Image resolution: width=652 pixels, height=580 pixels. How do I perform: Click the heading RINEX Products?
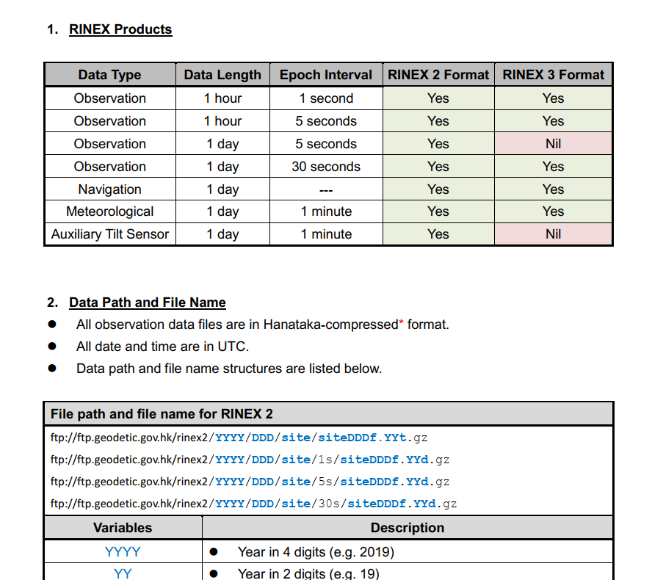click(120, 29)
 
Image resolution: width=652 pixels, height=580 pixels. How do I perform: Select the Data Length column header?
click(222, 75)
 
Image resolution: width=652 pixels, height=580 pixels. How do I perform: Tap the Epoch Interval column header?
click(325, 75)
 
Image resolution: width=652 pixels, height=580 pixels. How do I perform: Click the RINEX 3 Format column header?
click(553, 75)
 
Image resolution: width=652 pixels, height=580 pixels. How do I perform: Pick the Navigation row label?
click(109, 189)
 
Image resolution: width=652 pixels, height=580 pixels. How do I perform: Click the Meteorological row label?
click(109, 211)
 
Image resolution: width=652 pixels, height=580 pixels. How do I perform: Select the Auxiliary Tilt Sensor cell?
click(109, 234)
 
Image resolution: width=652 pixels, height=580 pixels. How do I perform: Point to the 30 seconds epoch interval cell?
click(325, 167)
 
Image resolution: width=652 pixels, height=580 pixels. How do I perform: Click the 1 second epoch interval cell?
click(325, 98)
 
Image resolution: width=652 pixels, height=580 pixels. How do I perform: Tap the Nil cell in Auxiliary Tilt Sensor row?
click(553, 234)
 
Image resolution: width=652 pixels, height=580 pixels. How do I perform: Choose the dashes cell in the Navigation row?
click(325, 189)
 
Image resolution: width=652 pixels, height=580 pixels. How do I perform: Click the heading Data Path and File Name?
click(148, 302)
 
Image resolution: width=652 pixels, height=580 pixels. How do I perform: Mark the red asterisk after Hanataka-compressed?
click(401, 322)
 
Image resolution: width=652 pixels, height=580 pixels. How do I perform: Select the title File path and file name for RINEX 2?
click(162, 414)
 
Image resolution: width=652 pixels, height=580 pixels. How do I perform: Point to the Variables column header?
click(123, 528)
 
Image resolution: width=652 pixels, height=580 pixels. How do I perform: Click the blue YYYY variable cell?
click(123, 551)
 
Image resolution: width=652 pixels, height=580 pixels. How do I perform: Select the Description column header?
click(407, 528)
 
